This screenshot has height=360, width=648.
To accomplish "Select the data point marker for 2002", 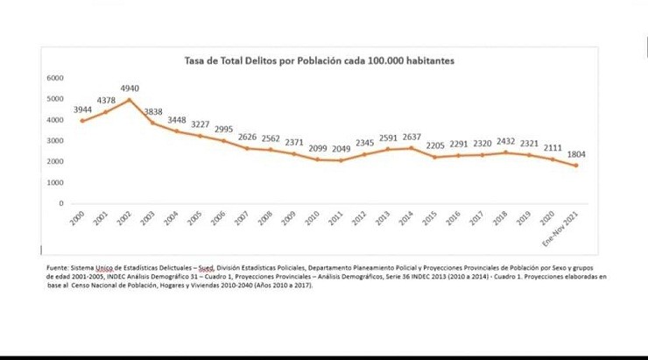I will [x=130, y=100].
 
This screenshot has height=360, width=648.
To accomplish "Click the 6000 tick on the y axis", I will [x=55, y=78].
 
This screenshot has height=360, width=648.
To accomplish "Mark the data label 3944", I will [x=82, y=109].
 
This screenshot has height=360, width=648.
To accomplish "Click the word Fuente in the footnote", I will [x=58, y=267].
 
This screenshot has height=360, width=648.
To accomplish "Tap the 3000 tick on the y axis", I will [x=55, y=141].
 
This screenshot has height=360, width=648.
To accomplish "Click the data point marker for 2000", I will [x=82, y=120].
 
